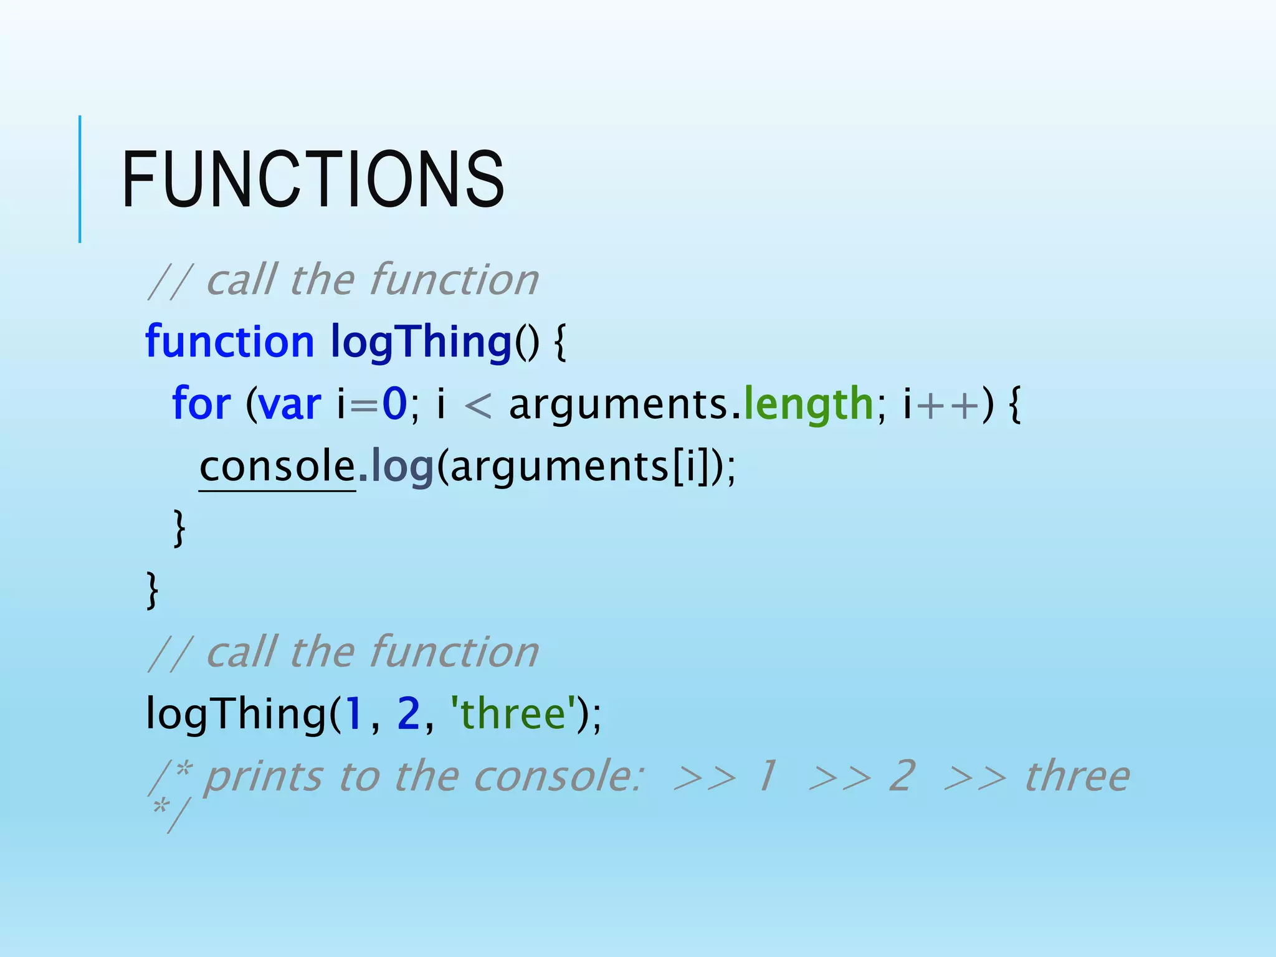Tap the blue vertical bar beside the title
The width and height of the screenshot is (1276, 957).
(80, 179)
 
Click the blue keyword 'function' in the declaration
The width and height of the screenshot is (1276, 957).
(229, 341)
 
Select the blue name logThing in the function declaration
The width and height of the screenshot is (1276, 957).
(421, 341)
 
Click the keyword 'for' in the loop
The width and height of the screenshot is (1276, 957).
(201, 404)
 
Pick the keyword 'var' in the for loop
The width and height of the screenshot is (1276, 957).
(290, 404)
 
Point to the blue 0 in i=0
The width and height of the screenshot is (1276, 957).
(394, 404)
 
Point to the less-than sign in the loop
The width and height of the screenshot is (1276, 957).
(478, 405)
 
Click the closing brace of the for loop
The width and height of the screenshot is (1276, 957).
(179, 528)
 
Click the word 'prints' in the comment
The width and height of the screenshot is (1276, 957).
(264, 777)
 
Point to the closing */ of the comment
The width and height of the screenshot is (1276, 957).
(169, 814)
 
